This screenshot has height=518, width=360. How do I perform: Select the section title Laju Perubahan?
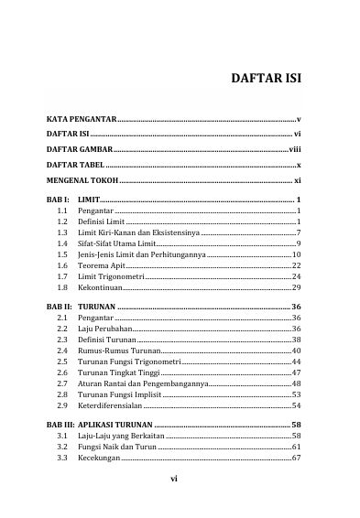[x=105, y=327]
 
